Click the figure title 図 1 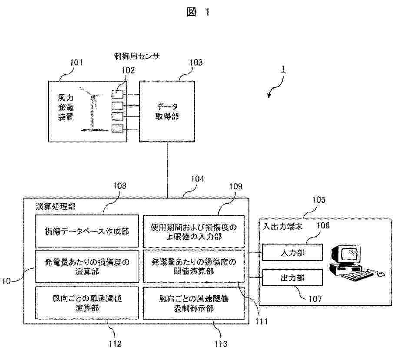tap(198, 12)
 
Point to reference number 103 tap(195, 62)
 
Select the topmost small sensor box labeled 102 tap(117, 94)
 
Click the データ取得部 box tap(167, 111)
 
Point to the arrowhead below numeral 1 tap(269, 95)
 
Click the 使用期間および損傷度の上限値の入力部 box tap(194, 231)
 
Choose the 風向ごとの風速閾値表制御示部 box tap(194, 303)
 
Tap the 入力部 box tap(292, 252)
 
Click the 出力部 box tap(292, 277)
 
